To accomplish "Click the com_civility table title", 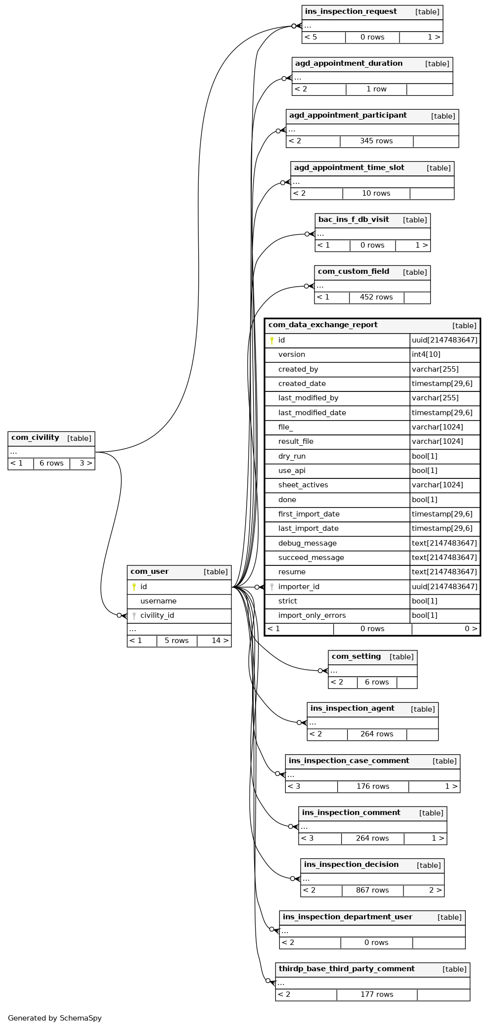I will pos(35,437).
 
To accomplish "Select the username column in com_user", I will pos(158,601).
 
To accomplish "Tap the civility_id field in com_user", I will pos(157,615).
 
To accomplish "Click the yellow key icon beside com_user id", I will pos(133,587).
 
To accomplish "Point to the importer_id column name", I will pos(299,587).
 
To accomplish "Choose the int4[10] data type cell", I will pos(426,354).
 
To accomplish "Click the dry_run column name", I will pos(292,456).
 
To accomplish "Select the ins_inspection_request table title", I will pos(351,11).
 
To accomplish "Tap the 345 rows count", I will pos(376,141).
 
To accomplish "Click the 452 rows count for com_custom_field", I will pos(376,297).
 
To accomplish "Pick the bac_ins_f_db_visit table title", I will pos(354,219).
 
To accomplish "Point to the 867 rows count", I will pos(372,890).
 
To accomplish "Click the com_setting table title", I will pos(356,656).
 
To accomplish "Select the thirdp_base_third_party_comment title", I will pos(347,969).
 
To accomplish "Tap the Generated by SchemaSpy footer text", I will pos(55,1018).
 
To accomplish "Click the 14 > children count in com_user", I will pos(220,641).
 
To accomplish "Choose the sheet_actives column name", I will pos(303,485).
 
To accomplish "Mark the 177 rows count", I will pos(377,994).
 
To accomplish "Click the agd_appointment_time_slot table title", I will pos(349,168).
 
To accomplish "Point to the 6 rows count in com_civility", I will pos(51,463).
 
